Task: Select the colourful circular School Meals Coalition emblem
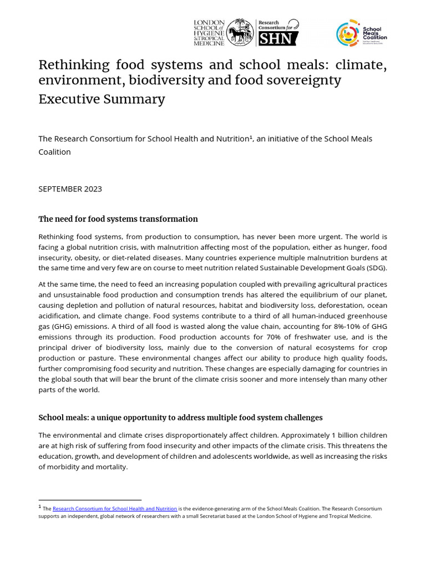click(x=348, y=34)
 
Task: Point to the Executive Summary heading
click(x=102, y=99)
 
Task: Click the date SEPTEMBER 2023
click(x=70, y=189)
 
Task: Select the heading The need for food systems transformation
click(x=118, y=219)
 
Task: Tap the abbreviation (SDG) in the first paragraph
click(x=376, y=268)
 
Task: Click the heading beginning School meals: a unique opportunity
click(x=180, y=417)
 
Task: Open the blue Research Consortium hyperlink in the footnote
click(x=115, y=508)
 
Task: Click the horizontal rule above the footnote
click(x=90, y=500)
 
